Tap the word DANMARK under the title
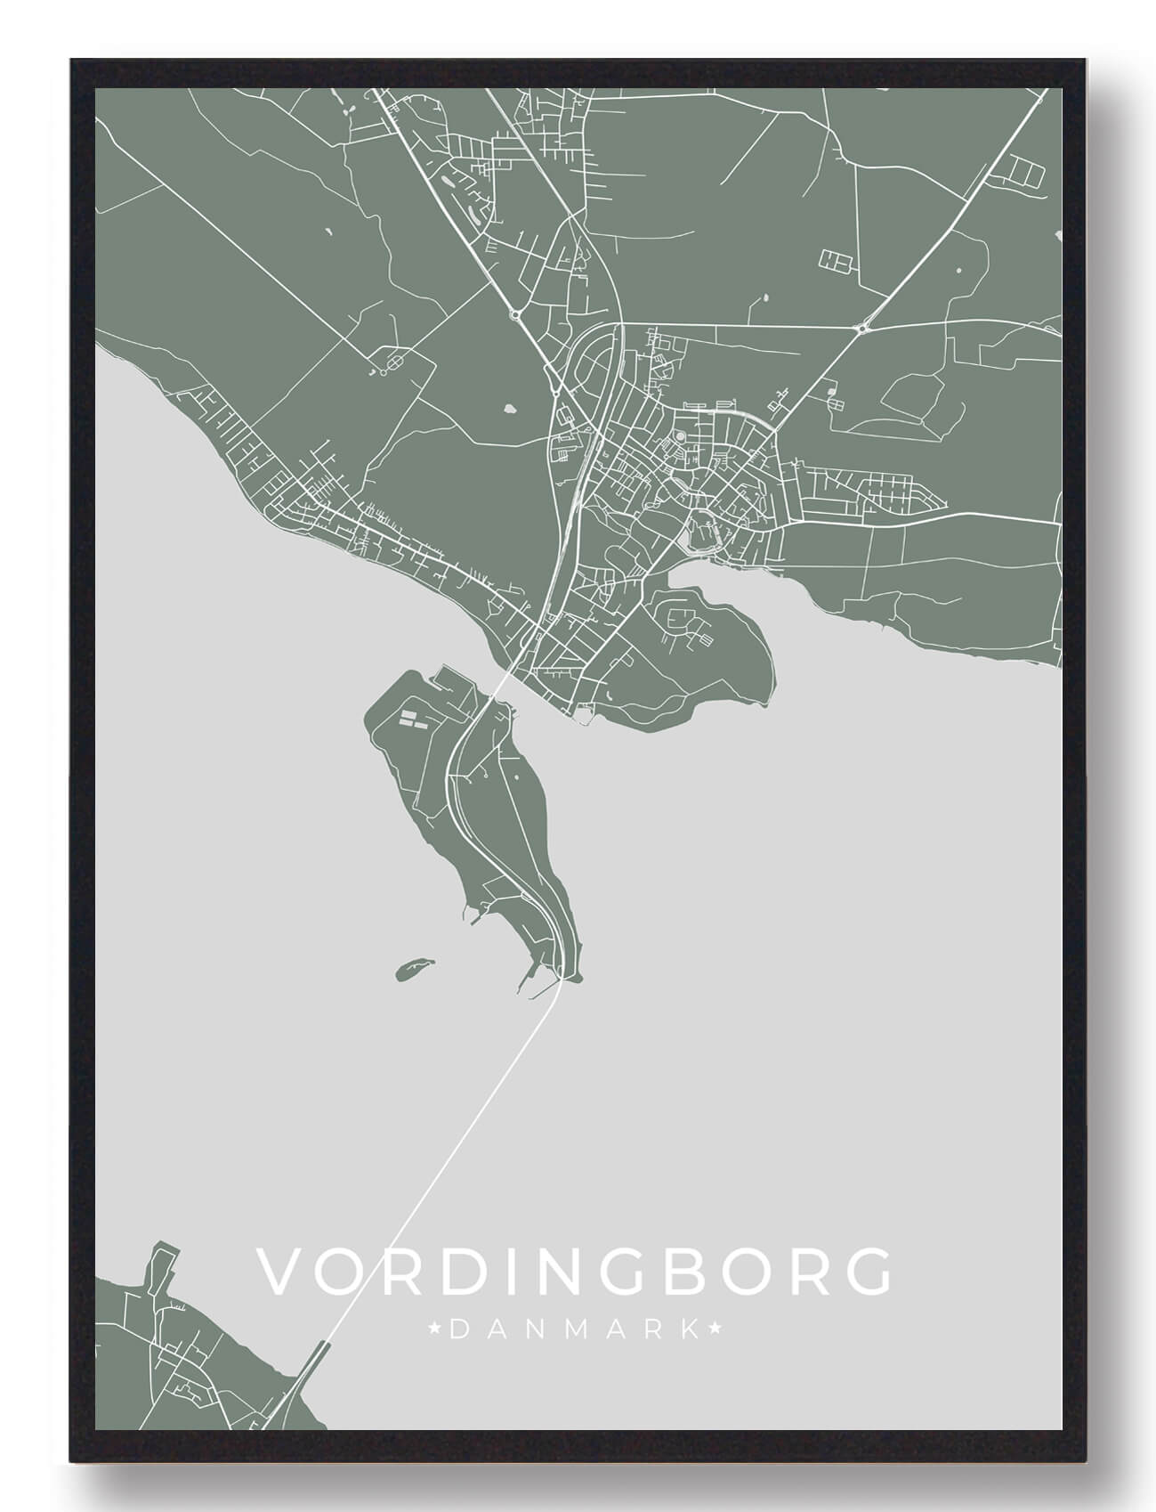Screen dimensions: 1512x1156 click(x=574, y=1330)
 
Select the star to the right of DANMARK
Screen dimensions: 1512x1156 click(x=713, y=1330)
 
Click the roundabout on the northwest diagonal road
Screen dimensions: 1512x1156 click(x=513, y=313)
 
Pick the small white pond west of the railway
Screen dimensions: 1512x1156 click(x=510, y=410)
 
